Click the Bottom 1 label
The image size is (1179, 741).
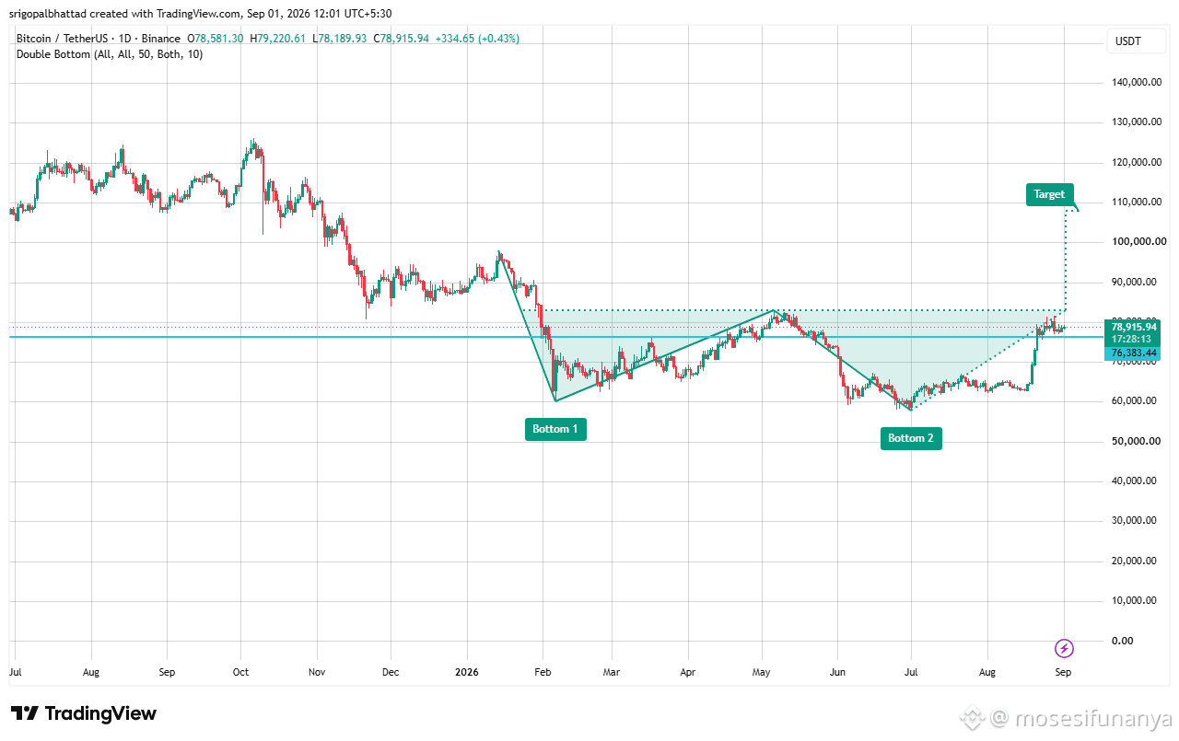point(555,429)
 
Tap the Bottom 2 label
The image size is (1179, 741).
point(911,438)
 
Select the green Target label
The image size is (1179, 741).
point(1049,194)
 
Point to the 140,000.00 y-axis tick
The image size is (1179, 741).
point(1137,82)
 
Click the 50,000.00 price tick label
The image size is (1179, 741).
point(1136,441)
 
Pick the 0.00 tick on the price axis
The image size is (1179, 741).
point(1122,641)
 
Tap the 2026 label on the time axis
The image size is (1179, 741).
point(467,672)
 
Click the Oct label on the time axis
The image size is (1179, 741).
point(240,672)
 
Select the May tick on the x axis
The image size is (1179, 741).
point(761,672)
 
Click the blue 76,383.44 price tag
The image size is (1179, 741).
point(1132,353)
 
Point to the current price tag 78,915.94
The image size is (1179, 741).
point(1134,327)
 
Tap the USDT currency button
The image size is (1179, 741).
point(1128,41)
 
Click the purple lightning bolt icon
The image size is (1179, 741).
point(1064,648)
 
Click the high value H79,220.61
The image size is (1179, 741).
point(277,39)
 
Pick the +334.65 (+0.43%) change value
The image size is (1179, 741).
point(477,39)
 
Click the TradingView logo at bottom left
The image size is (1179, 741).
point(84,713)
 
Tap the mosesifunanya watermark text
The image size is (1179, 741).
point(1093,718)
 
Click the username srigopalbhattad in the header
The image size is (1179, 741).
point(47,14)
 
